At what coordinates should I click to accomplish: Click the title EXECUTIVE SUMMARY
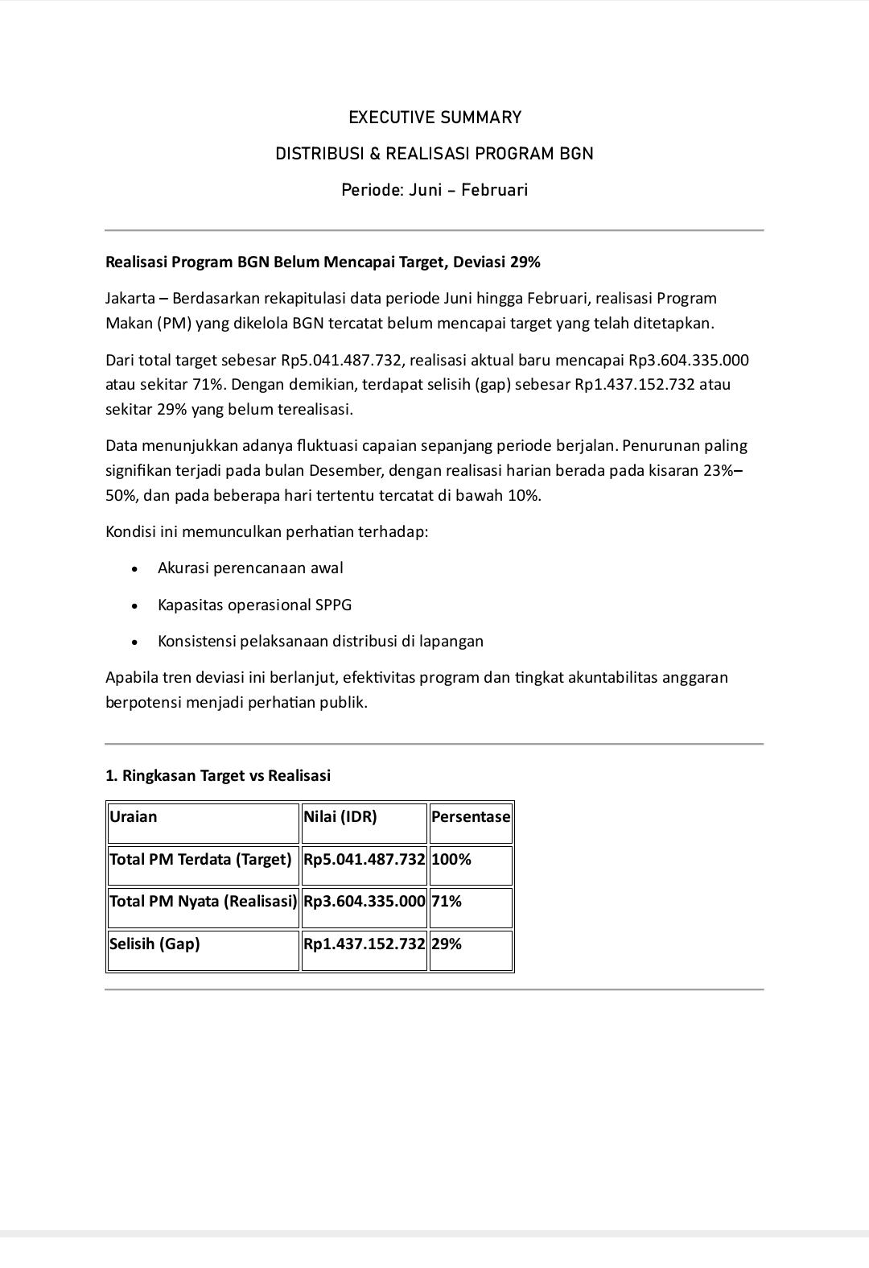point(434,118)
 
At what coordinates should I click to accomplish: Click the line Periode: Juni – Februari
point(434,190)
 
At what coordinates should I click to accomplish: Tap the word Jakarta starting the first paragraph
point(130,299)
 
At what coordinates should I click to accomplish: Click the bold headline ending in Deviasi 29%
point(323,262)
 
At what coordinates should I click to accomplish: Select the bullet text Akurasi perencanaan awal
point(250,568)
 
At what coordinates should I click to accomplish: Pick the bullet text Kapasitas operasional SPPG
point(254,605)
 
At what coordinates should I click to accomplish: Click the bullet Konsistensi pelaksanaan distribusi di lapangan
point(320,642)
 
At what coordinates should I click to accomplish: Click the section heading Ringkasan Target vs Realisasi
point(218,775)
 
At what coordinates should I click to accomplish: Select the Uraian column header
point(134,817)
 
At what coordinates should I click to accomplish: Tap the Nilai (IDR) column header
point(340,817)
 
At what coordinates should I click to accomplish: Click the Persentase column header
point(471,817)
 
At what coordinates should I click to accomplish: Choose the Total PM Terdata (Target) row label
point(200,860)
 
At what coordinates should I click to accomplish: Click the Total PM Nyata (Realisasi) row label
point(203,902)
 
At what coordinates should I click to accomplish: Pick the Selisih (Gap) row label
point(154,944)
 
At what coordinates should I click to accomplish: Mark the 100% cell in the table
point(451,860)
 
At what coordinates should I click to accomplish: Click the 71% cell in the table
point(447,902)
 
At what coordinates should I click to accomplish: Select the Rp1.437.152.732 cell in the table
point(364,944)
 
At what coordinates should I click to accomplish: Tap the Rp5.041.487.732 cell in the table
point(364,860)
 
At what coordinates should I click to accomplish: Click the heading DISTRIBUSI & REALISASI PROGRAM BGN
point(434,154)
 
